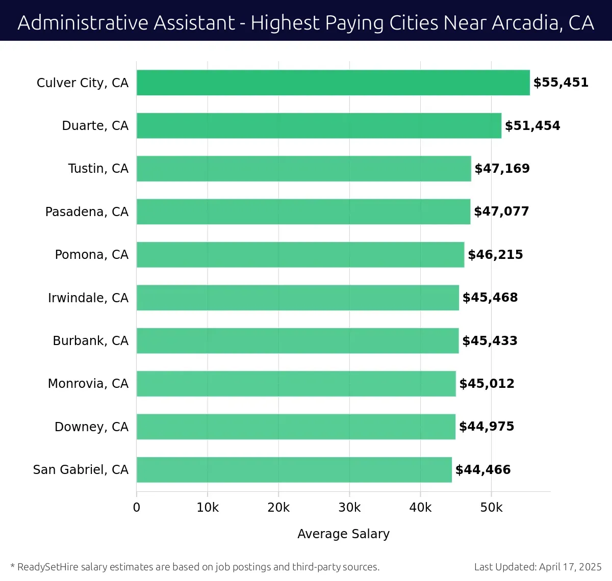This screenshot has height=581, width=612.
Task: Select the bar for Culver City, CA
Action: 333,83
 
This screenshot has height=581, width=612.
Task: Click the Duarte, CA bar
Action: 319,125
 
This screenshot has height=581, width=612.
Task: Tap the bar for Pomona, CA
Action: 300,254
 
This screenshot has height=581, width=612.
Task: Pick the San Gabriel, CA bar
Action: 294,469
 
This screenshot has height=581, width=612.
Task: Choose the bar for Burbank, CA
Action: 297,340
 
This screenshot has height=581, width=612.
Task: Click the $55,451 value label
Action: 560,83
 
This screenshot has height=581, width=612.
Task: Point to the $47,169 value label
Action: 502,169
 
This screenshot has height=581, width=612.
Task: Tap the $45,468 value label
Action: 490,298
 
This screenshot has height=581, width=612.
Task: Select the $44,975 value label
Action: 486,427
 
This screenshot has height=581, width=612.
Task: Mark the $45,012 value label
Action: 487,384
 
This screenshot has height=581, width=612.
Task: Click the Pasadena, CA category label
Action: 87,212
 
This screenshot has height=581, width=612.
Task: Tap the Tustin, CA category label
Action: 98,169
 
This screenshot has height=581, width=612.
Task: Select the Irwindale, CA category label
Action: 88,298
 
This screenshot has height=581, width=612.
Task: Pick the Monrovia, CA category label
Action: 88,384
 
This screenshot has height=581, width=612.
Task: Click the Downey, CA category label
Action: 91,427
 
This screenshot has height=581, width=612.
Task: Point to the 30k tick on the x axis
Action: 349,508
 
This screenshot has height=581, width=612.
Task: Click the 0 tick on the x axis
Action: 136,508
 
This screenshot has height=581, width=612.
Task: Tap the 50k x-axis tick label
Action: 491,508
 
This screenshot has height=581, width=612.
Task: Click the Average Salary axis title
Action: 343,534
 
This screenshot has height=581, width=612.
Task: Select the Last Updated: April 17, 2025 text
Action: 538,567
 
